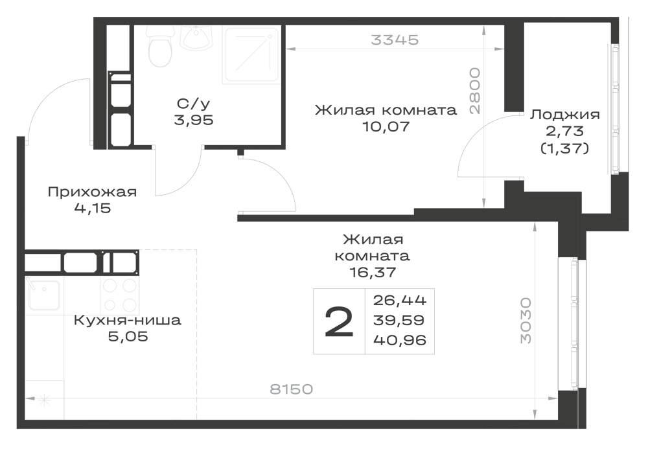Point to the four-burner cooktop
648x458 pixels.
(119, 295)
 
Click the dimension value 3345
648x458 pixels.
(395, 40)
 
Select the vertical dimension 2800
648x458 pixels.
(475, 91)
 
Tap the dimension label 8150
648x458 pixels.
(292, 389)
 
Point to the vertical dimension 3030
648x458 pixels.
(526, 321)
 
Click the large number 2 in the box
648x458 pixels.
(339, 322)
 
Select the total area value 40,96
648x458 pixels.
(400, 340)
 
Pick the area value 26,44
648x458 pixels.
(400, 300)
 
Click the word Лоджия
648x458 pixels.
(565, 115)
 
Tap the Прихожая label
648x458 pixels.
(92, 192)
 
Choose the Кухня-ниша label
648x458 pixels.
(127, 321)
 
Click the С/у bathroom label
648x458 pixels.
(193, 104)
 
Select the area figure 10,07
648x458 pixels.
(386, 126)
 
